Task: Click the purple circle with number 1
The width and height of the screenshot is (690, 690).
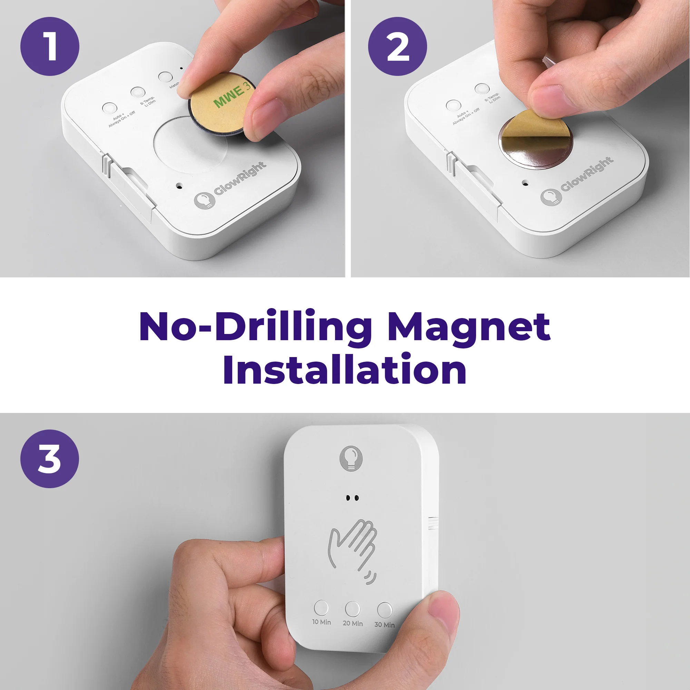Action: pyautogui.click(x=50, y=47)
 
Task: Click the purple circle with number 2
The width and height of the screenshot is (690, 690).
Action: pyautogui.click(x=397, y=47)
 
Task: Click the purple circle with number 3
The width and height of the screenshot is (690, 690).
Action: pyautogui.click(x=50, y=459)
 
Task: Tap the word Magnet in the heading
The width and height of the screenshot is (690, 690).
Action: pyautogui.click(x=469, y=327)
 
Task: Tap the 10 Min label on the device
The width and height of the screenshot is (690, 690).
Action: pyautogui.click(x=322, y=622)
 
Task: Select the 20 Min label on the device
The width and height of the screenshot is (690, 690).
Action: pyautogui.click(x=353, y=623)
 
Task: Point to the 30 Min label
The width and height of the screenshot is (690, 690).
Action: pyautogui.click(x=384, y=625)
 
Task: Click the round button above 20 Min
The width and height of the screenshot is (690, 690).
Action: pyautogui.click(x=353, y=609)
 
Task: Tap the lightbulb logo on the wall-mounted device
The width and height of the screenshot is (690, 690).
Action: pyautogui.click(x=351, y=457)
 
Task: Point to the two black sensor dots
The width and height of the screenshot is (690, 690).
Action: pyautogui.click(x=353, y=497)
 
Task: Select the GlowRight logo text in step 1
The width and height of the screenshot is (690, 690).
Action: pyautogui.click(x=240, y=179)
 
